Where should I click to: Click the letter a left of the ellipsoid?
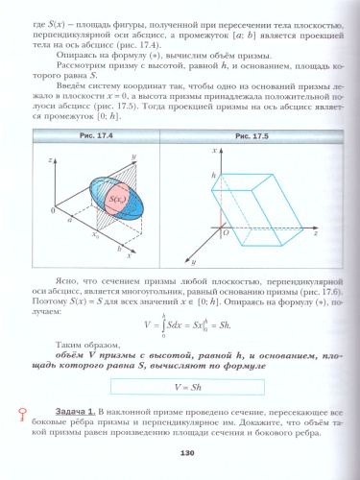(x=70, y=221)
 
